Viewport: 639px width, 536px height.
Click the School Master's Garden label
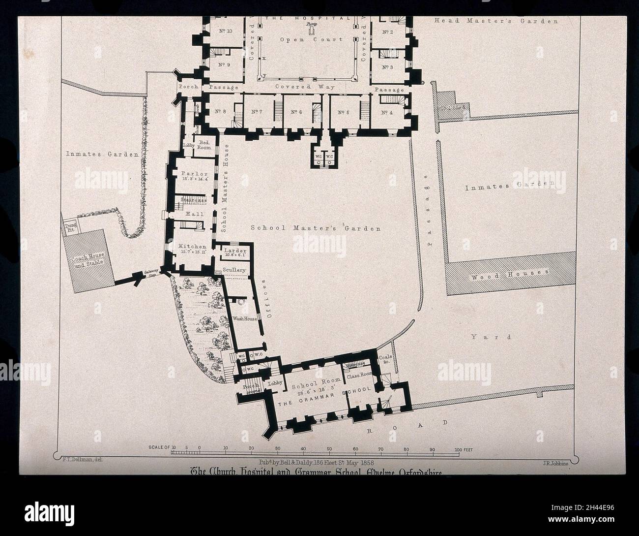(315, 228)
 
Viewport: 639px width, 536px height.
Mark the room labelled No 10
(224, 31)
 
